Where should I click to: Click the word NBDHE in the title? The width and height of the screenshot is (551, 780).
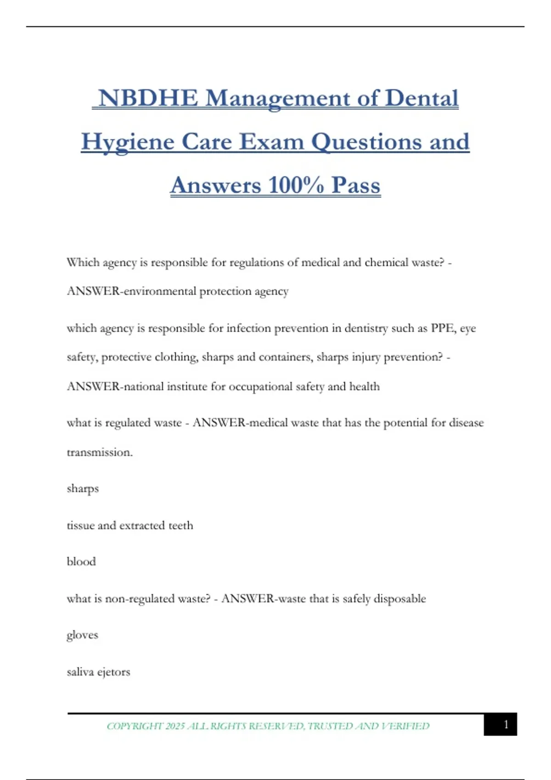pos(148,98)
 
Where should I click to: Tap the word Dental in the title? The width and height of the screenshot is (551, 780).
pos(422,98)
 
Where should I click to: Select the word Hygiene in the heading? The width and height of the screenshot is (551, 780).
pos(128,142)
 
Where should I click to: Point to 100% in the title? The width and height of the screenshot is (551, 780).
pos(296,185)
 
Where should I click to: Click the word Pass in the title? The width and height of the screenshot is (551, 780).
pos(356,185)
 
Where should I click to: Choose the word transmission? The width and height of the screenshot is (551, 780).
pos(100,452)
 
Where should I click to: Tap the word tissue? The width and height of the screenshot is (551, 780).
pos(80,525)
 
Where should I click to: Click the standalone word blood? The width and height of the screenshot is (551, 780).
pos(81,562)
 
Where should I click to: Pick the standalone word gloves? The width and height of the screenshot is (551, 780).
pos(82,635)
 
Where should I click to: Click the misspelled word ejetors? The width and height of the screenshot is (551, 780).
pos(113,672)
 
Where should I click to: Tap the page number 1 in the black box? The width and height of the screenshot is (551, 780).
pos(506,724)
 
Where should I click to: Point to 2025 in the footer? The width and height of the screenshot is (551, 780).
pos(175,726)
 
